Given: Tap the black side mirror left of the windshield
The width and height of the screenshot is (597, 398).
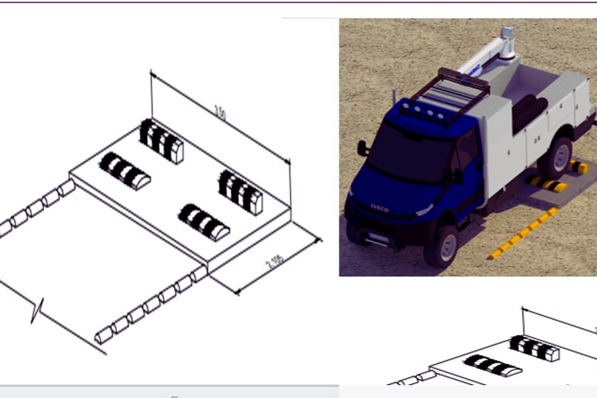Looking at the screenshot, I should pyautogui.click(x=363, y=148).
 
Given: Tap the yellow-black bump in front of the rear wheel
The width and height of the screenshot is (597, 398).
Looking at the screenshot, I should pyautogui.click(x=546, y=183).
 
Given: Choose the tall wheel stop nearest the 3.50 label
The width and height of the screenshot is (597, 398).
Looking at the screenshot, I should pyautogui.click(x=162, y=141).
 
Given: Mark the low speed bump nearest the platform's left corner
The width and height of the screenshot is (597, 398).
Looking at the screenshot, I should pyautogui.click(x=125, y=171).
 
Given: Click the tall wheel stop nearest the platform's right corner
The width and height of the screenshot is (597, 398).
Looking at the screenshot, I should pyautogui.click(x=240, y=192).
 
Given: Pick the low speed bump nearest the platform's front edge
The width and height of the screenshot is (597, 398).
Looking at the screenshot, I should pyautogui.click(x=205, y=222).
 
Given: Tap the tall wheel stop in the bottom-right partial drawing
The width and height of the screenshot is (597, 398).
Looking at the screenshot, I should pyautogui.click(x=535, y=348).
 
